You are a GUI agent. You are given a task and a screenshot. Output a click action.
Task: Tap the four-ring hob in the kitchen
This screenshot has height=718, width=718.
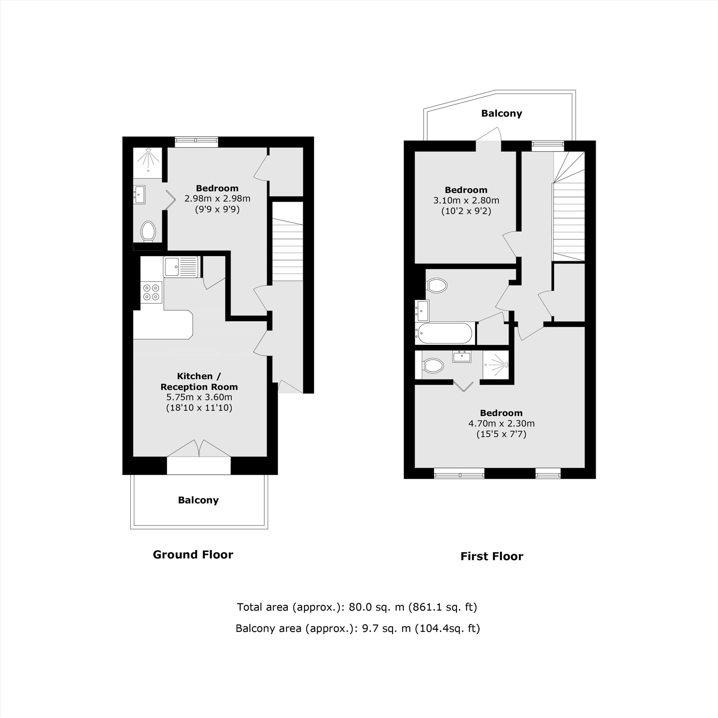151,292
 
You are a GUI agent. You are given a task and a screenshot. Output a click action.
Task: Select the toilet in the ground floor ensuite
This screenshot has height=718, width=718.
148,231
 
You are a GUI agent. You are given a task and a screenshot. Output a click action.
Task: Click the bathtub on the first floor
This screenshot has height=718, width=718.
444,333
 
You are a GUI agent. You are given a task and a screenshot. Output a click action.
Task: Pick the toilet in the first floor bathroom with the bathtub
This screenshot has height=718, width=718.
436,286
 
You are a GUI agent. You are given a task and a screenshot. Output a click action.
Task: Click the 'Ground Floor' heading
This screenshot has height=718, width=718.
193,555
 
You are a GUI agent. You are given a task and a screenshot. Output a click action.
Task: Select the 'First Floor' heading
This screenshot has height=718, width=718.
492,556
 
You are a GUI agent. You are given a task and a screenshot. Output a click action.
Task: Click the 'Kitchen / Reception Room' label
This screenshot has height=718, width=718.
199,381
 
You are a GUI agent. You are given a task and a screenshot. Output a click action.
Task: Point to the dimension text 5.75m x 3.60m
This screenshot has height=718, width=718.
199,397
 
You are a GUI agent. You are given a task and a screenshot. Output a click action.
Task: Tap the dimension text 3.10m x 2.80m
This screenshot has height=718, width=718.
466,201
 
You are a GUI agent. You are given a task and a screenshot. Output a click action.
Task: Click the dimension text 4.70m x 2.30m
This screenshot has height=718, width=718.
501,423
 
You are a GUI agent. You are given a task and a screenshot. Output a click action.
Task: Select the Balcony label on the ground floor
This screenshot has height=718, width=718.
198,500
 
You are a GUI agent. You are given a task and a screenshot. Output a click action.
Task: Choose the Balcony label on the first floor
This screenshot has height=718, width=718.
501,113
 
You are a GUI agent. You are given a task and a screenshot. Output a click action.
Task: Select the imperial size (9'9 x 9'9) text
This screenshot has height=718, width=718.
218,210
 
